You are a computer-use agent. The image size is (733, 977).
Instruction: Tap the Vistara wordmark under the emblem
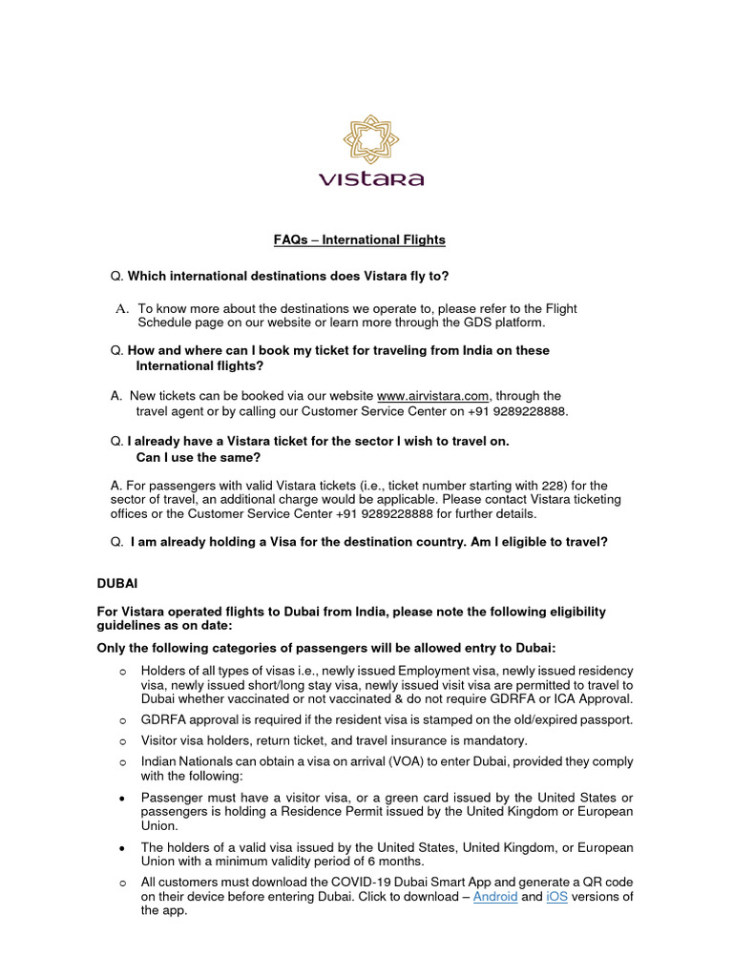point(370,178)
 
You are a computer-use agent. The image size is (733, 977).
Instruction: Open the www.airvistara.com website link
point(433,395)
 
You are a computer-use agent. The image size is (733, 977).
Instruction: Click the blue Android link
point(495,897)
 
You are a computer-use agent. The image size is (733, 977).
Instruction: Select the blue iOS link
point(556,897)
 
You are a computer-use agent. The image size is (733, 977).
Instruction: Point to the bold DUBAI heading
point(118,581)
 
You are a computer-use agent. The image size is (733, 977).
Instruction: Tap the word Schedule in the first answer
point(164,323)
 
